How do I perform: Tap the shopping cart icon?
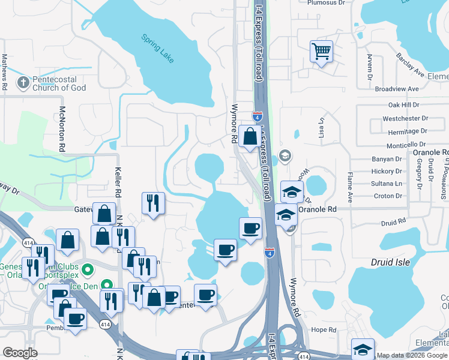(x=321, y=51)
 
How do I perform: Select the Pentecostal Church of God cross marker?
(x=23, y=83)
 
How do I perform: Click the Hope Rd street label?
(x=324, y=330)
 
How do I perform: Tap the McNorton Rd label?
(x=61, y=128)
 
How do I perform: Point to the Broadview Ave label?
(x=396, y=89)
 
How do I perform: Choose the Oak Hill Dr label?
(x=403, y=105)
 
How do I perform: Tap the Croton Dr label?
(x=388, y=196)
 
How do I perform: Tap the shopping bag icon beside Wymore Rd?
(x=249, y=136)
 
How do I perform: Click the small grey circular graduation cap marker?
(x=285, y=156)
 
